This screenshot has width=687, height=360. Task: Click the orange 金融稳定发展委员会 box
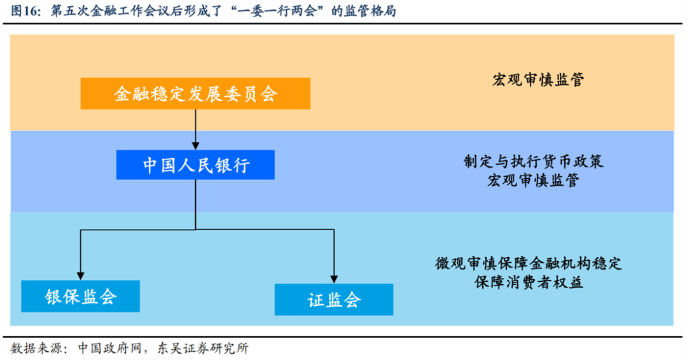(195, 94)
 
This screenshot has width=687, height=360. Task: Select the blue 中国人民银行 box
(195, 165)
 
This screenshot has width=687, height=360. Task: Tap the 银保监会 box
(81, 296)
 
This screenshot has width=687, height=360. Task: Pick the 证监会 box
(334, 300)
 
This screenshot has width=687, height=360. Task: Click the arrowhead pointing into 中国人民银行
(195, 146)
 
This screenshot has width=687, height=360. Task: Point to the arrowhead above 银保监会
(80, 275)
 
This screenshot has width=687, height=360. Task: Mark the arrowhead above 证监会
(333, 278)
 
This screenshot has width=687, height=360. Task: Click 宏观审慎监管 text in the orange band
(538, 80)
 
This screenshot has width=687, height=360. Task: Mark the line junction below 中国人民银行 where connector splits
(195, 230)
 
